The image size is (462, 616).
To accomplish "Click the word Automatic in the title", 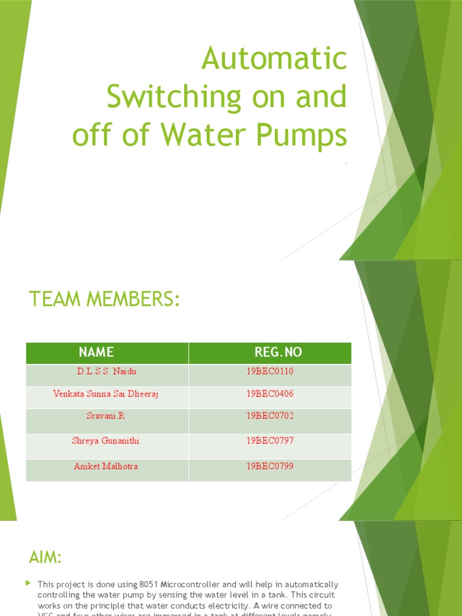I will (274, 59).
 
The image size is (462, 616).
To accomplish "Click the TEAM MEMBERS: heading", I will (105, 299).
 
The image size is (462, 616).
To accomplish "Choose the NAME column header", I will (96, 352).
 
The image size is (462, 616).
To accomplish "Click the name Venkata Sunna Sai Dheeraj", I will (106, 394).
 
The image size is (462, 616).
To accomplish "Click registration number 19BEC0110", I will (270, 371).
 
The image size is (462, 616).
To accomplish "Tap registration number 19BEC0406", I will (270, 393).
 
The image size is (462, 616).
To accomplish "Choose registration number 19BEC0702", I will (270, 416).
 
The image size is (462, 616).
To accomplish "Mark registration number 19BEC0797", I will (270, 441).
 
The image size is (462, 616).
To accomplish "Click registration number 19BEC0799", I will (270, 466).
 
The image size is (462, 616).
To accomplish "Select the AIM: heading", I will (46, 558).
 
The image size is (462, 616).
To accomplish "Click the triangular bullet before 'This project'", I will (29, 584).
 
